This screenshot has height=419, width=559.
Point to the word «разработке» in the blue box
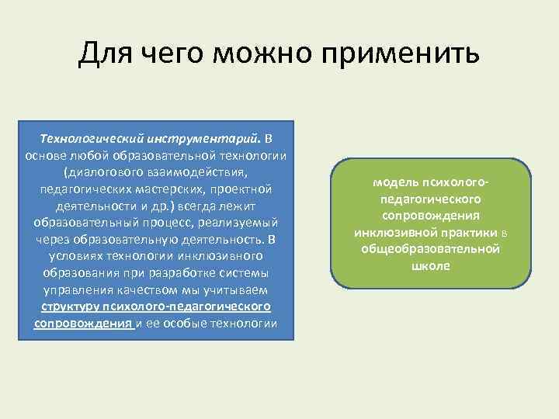(x=158, y=273)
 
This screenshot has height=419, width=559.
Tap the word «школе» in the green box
(x=431, y=265)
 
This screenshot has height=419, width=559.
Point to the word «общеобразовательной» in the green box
(x=431, y=249)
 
